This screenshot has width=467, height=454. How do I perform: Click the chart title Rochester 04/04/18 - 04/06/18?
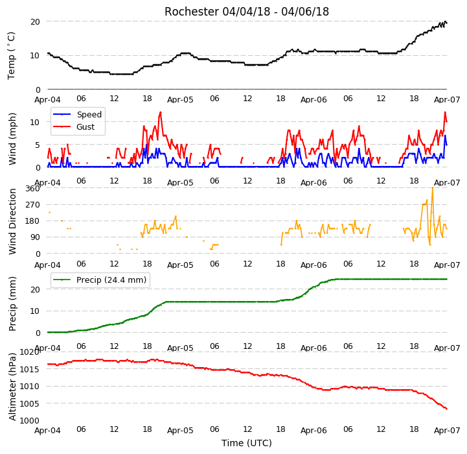(x=247, y=12)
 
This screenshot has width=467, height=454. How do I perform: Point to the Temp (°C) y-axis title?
(x=11, y=56)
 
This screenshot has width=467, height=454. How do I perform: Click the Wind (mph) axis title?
(x=12, y=139)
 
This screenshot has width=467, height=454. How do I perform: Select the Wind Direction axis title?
(x=12, y=221)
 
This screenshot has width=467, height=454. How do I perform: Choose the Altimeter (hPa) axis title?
(x=12, y=387)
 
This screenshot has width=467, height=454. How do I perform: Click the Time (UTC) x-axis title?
(x=247, y=443)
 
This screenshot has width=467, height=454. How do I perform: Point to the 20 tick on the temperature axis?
(x=35, y=22)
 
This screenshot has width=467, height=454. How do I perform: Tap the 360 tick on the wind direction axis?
(x=33, y=189)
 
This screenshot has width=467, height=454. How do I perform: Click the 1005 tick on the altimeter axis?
(x=30, y=403)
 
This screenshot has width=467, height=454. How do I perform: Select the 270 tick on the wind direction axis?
(x=33, y=205)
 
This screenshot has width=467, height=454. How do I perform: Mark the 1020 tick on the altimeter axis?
(x=30, y=352)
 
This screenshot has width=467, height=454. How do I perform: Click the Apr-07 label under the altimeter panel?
(x=447, y=431)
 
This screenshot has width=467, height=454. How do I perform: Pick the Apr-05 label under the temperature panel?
(x=180, y=100)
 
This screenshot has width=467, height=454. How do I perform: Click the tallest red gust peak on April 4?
(x=161, y=112)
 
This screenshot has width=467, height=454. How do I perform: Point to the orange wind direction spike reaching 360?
(x=433, y=188)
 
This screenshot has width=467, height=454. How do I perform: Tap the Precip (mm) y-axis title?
(x=12, y=304)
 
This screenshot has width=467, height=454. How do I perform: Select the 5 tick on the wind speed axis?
(x=38, y=145)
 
